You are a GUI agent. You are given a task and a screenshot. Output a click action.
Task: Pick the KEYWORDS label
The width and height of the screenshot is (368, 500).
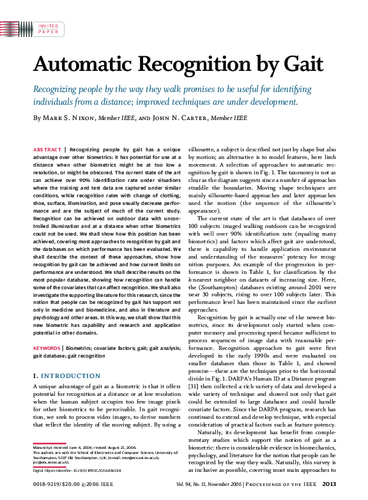[48, 348]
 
